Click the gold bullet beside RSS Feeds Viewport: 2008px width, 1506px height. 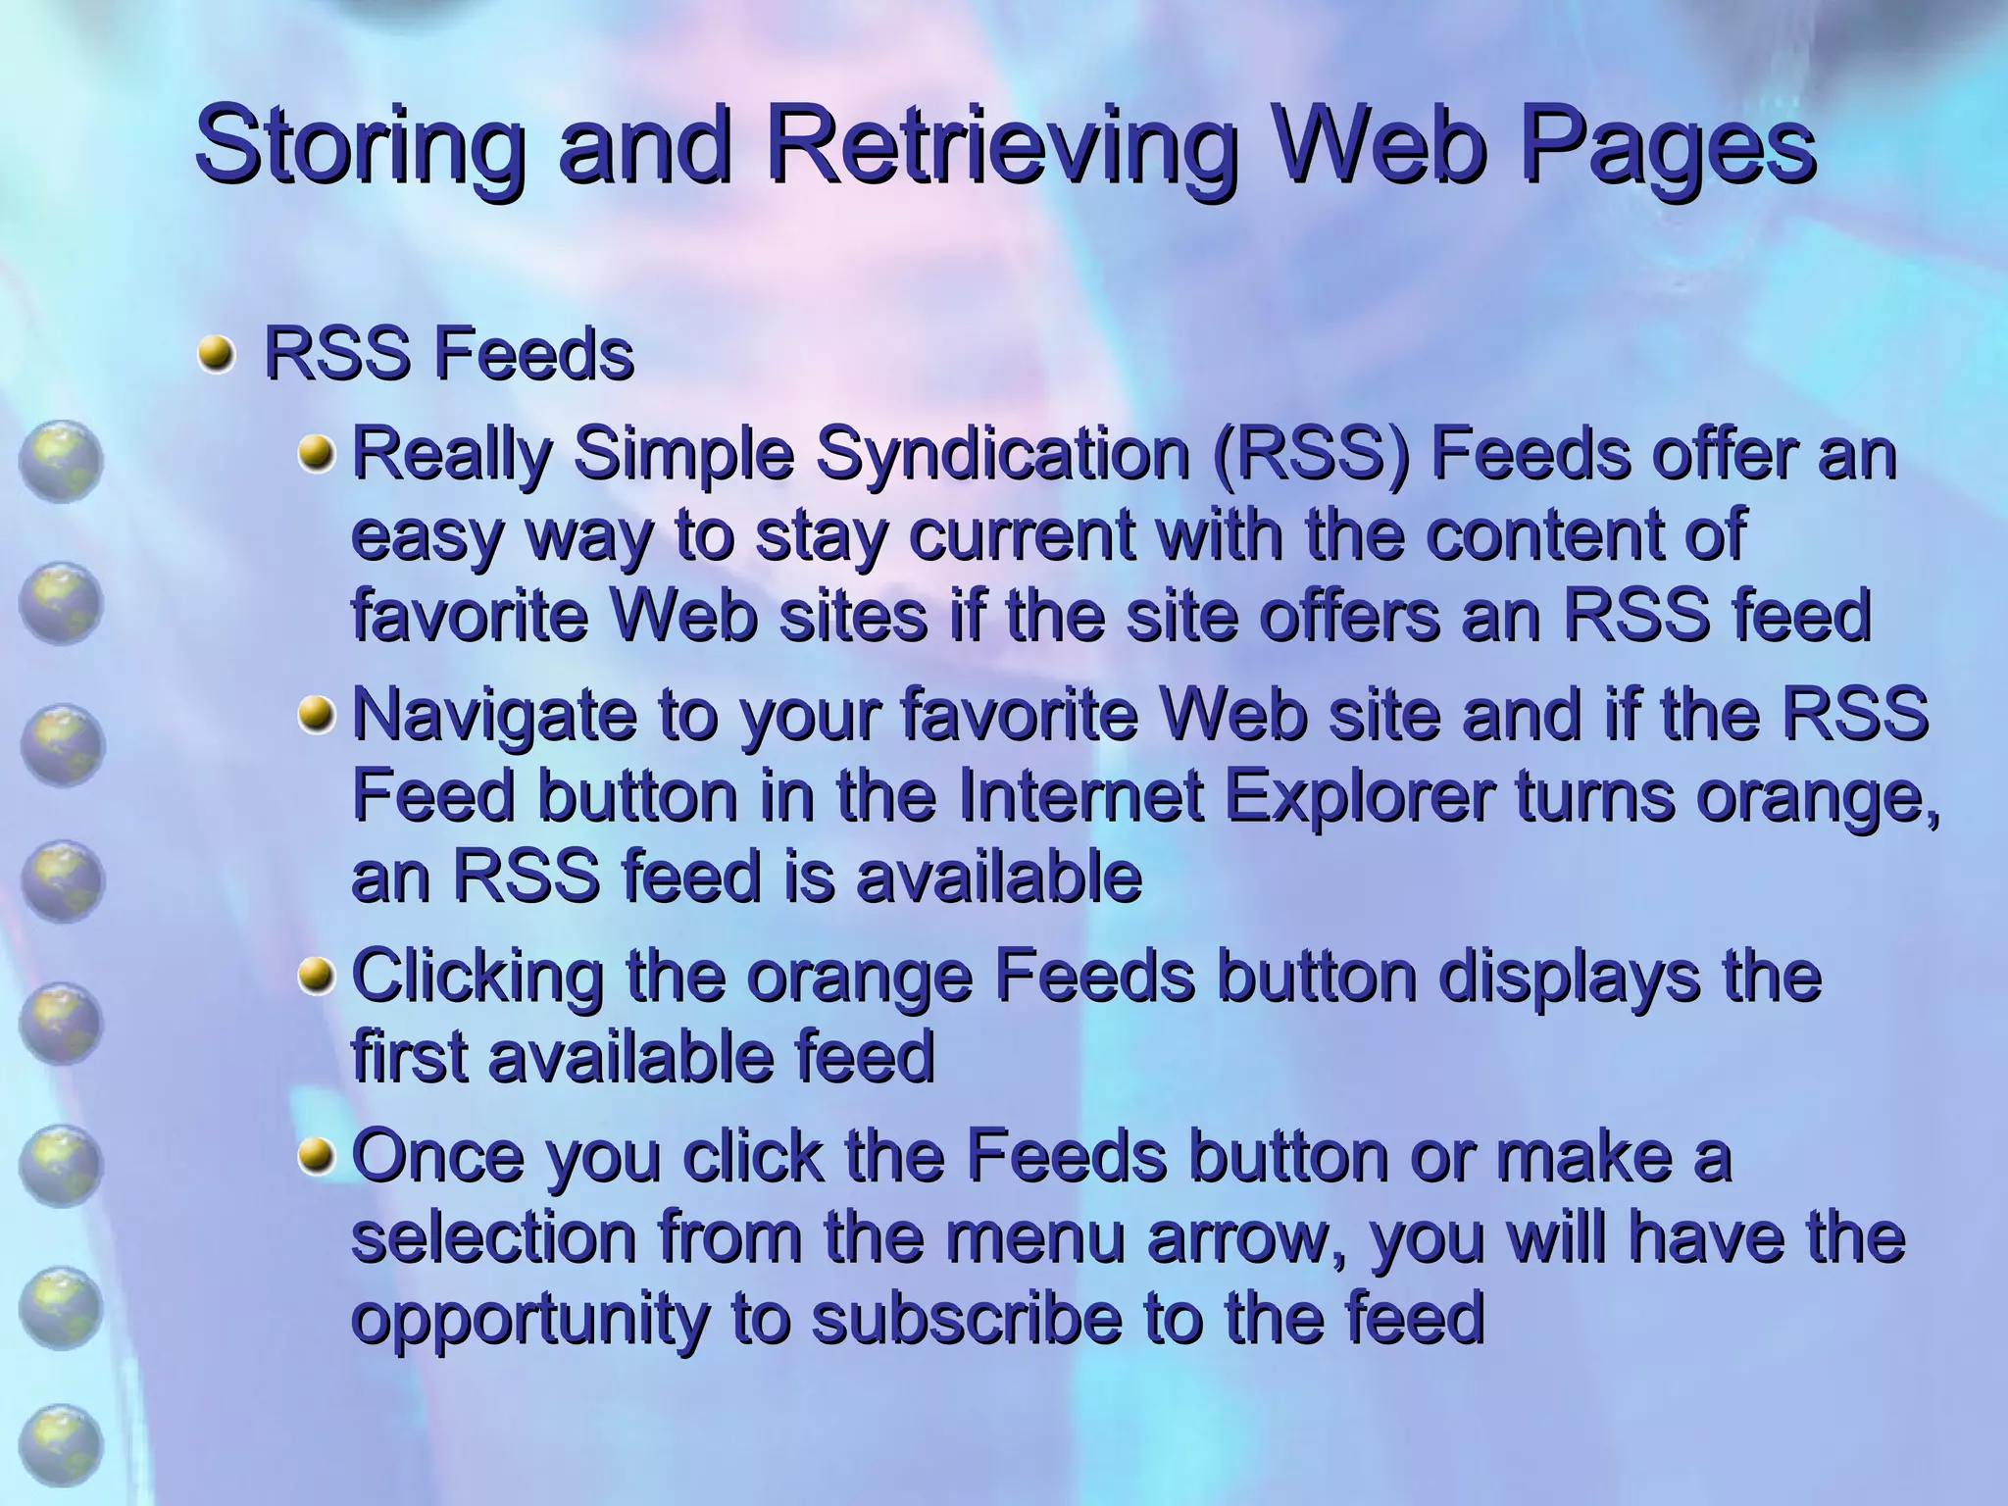[215, 354]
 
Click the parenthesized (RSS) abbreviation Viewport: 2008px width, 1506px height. [1309, 455]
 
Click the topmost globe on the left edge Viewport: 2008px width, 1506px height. [60, 461]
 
